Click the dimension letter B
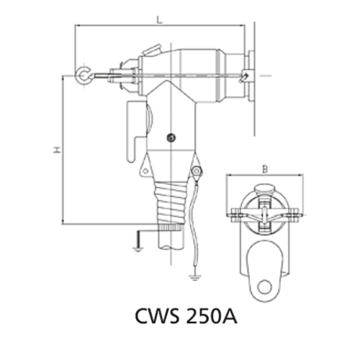(264, 170)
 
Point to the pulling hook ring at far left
(84, 74)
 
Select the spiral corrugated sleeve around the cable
(171, 204)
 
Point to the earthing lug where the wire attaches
(195, 172)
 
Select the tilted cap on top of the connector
(153, 51)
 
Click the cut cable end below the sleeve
(170, 241)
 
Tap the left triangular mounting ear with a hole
(147, 169)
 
